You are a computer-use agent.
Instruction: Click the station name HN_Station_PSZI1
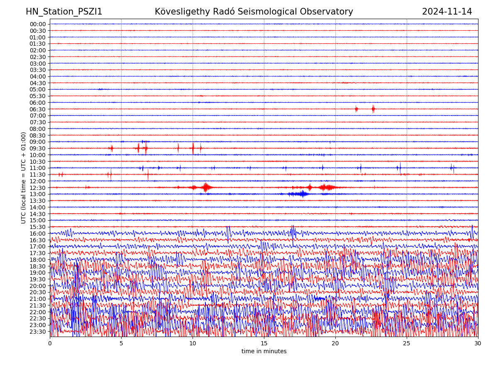click(64, 12)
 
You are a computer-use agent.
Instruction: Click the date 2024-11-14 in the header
click(447, 12)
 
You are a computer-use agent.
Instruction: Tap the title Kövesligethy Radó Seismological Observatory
click(254, 12)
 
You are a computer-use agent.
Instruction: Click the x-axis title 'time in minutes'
click(264, 352)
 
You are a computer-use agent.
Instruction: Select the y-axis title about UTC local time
click(24, 177)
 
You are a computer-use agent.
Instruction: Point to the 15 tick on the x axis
click(264, 343)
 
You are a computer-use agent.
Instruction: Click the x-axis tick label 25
click(407, 343)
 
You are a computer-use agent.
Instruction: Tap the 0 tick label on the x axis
click(50, 343)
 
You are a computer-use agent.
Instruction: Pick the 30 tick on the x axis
click(478, 343)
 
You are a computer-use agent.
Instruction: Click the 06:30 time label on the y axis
click(37, 109)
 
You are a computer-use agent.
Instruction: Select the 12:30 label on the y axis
click(37, 188)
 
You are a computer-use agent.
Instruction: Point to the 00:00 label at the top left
click(37, 24)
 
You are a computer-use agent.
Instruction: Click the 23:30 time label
click(37, 332)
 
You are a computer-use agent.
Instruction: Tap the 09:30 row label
click(37, 148)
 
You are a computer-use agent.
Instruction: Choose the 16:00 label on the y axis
click(37, 234)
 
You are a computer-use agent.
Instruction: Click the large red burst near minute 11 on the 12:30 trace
click(206, 187)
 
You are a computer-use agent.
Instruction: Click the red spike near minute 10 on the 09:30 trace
click(193, 148)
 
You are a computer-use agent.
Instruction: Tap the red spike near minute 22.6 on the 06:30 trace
click(373, 109)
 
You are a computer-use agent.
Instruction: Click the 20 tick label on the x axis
click(335, 343)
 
